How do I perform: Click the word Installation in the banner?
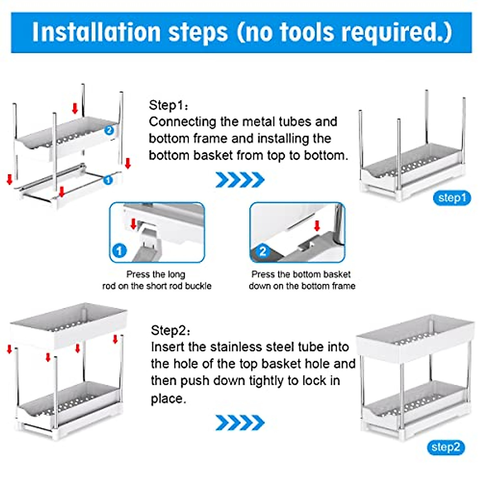(x=96, y=32)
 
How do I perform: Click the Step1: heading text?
(x=168, y=105)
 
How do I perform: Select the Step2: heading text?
(x=170, y=330)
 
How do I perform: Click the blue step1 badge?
(x=452, y=198)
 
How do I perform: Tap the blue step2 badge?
(x=446, y=447)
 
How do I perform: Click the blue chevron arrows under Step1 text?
(x=240, y=180)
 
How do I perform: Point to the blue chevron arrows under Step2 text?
(x=240, y=422)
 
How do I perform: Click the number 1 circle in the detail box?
(x=119, y=251)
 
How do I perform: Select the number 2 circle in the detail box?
(x=263, y=251)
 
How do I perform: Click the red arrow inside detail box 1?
(x=133, y=224)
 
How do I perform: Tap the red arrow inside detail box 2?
(x=317, y=226)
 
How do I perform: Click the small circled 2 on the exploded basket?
(x=109, y=130)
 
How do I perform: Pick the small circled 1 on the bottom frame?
(x=108, y=180)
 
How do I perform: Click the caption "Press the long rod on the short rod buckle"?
(x=157, y=280)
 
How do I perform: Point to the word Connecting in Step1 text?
(x=182, y=123)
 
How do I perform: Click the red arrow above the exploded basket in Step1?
(x=75, y=108)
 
